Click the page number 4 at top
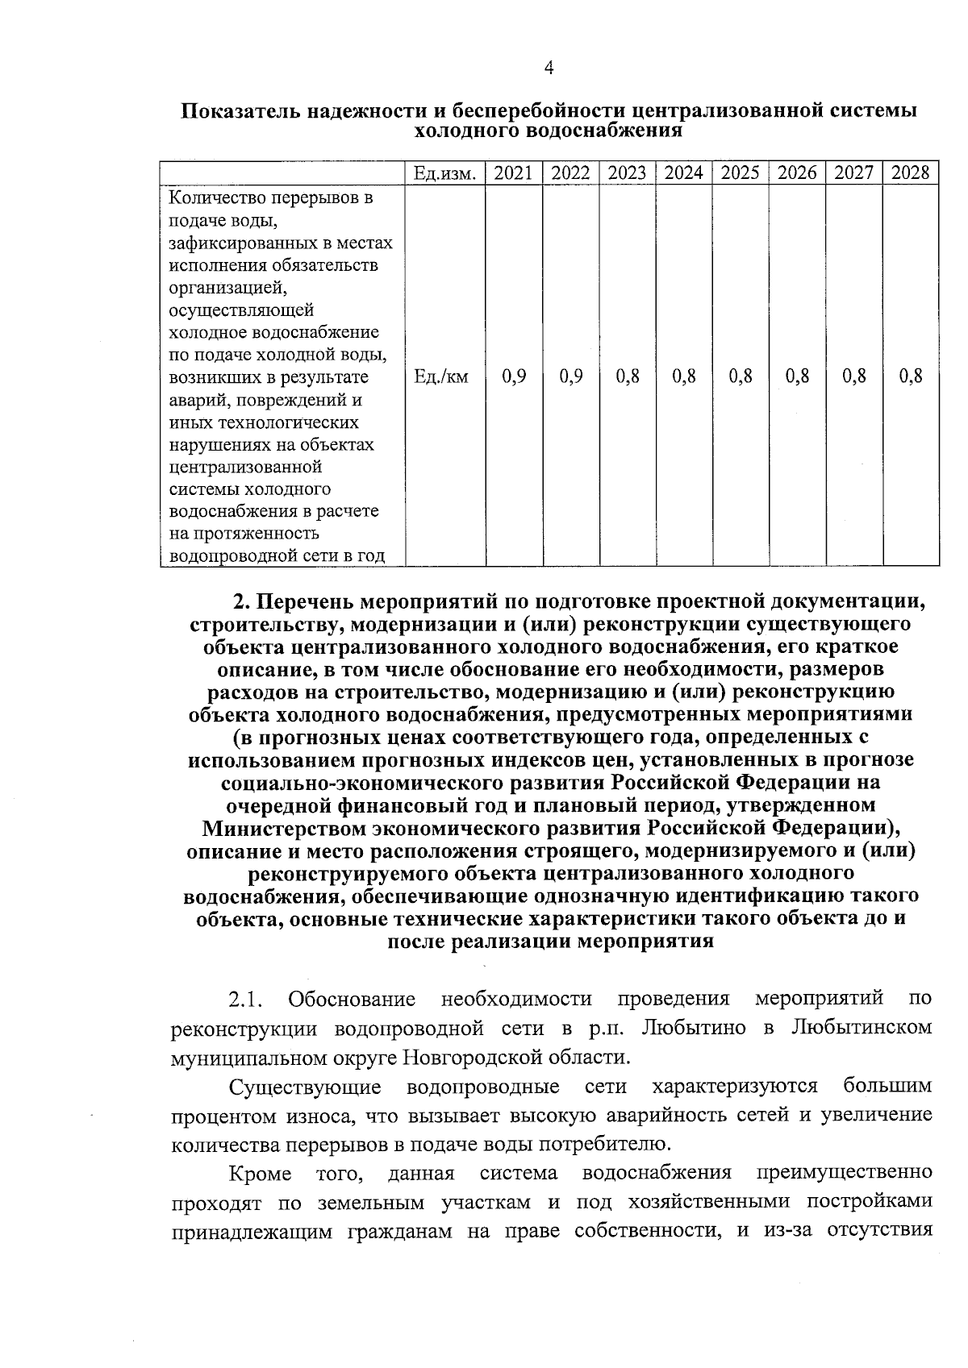tap(549, 69)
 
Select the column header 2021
tap(513, 173)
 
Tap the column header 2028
tap(911, 173)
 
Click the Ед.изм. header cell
tap(444, 173)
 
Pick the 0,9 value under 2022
tap(570, 376)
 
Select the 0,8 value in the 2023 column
tap(628, 376)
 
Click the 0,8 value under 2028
tap(911, 376)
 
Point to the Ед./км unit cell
tap(440, 376)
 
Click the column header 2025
tap(740, 173)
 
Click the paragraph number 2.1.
tap(246, 1000)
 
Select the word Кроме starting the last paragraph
tap(260, 1173)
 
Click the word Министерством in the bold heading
tap(286, 828)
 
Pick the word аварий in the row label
tap(195, 400)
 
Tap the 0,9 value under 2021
tap(513, 376)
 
